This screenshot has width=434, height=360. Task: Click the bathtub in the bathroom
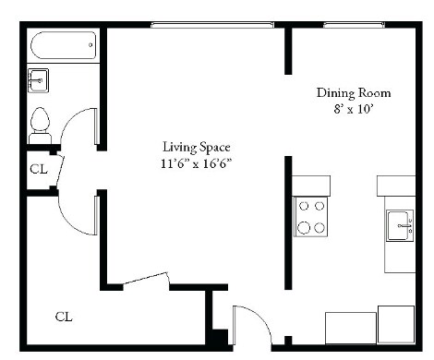coord(63,44)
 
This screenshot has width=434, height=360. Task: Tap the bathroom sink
coord(38,81)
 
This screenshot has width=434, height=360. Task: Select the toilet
coord(40,120)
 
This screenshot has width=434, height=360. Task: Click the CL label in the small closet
coord(38,169)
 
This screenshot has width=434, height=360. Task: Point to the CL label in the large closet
coord(63,317)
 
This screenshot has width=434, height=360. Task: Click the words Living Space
coord(196,147)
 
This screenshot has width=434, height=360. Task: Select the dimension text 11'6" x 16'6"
coord(195,162)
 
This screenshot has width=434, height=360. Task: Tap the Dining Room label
coord(354,92)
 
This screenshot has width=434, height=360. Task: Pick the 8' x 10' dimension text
coord(354,108)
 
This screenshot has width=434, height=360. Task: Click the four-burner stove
coord(310,217)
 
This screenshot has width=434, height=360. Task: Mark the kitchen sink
coord(400,224)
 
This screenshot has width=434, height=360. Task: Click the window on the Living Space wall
coord(213,26)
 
